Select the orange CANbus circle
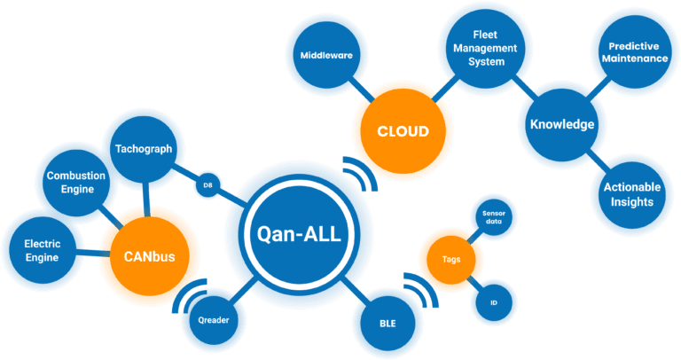click(149, 257)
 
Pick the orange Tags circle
click(450, 259)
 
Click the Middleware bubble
click(326, 55)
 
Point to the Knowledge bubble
click(561, 124)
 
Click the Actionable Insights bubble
click(628, 194)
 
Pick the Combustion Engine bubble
click(76, 182)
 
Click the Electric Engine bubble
click(42, 251)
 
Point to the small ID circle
click(493, 301)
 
